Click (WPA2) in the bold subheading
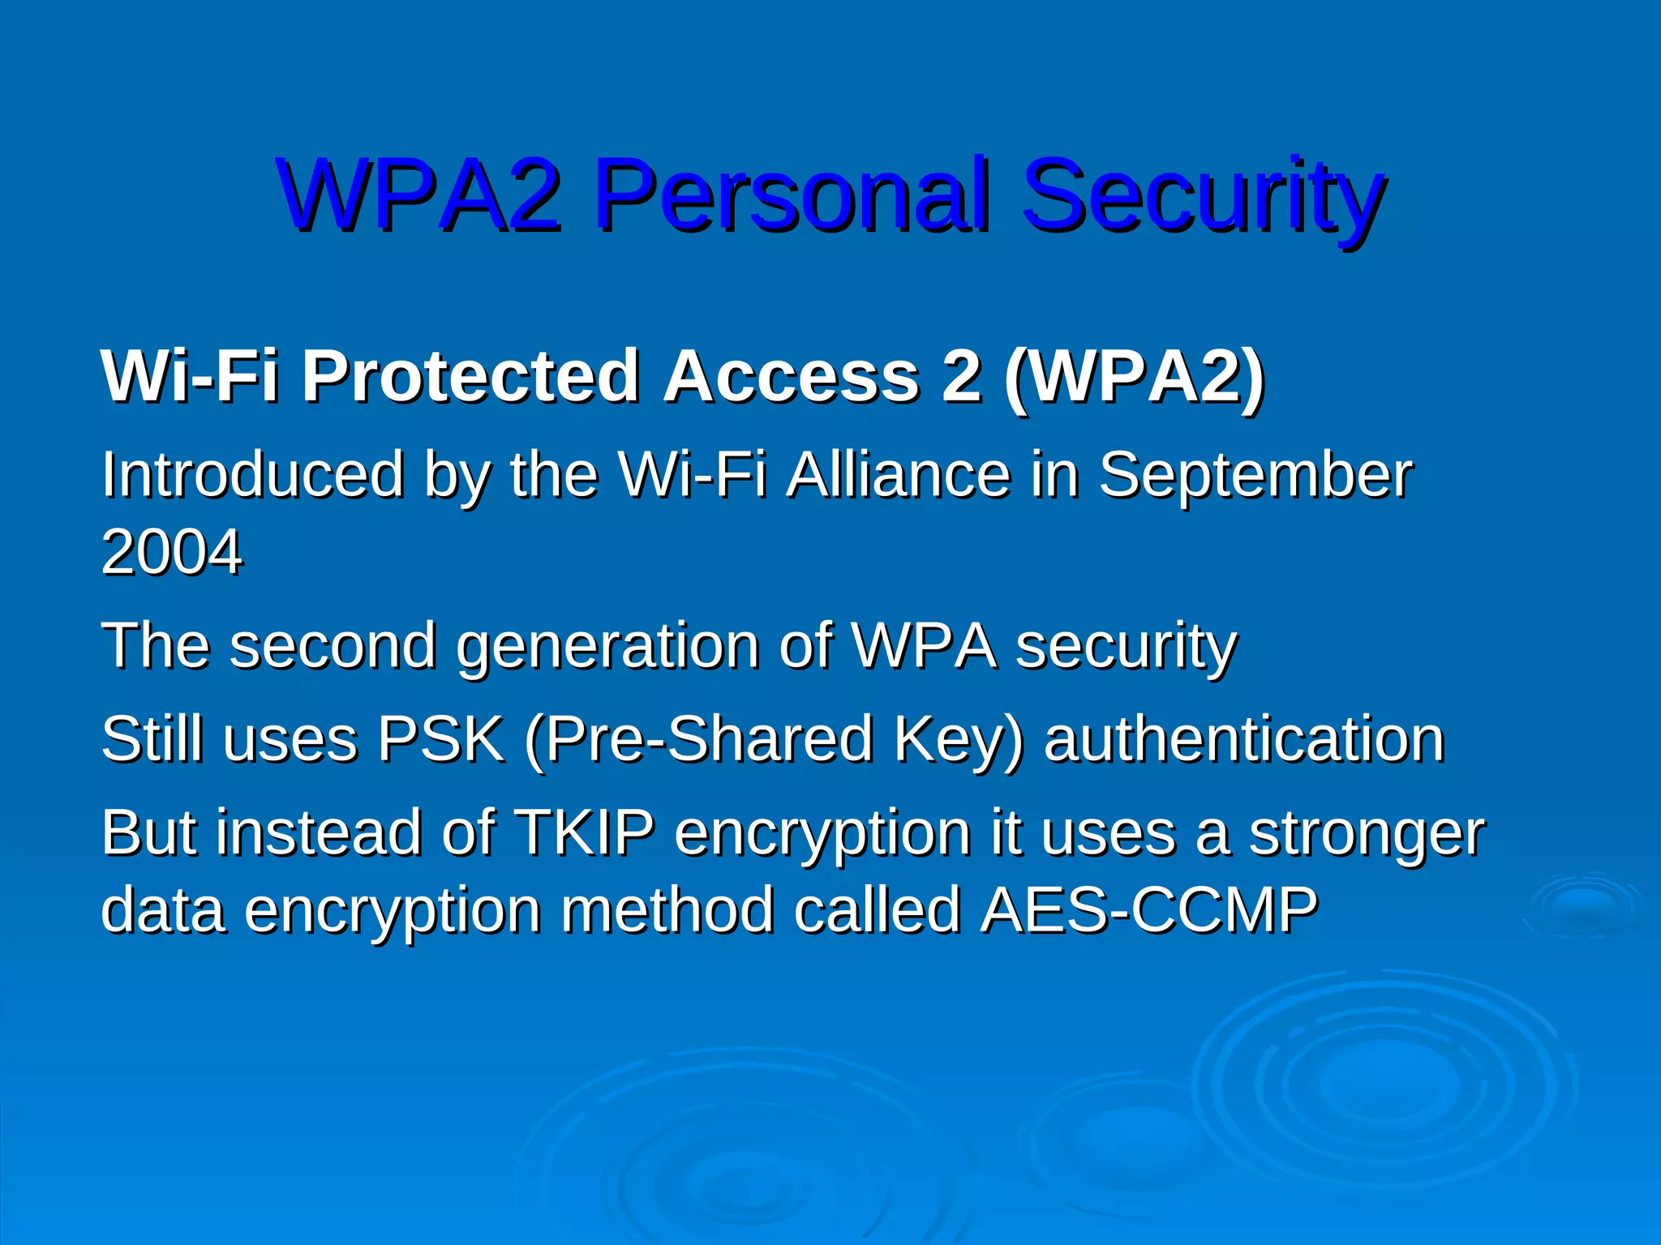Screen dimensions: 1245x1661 (x=1134, y=376)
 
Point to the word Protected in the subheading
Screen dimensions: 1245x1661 (x=470, y=376)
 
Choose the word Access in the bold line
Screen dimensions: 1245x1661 (x=792, y=376)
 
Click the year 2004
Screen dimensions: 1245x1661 (x=171, y=552)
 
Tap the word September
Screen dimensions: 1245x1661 (x=1255, y=475)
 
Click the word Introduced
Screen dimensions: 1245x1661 (x=252, y=475)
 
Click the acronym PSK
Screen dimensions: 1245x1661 (x=440, y=739)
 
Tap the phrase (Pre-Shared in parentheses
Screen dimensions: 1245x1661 (x=698, y=739)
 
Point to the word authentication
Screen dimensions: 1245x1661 (x=1244, y=739)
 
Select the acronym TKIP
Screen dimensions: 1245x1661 (x=584, y=833)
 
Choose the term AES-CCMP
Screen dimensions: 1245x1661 (x=1148, y=909)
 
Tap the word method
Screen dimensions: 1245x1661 (x=667, y=909)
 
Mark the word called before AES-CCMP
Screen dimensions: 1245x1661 (x=877, y=909)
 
